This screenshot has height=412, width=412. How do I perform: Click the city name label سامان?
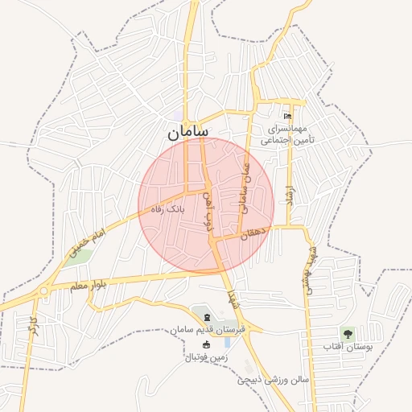tap(188, 131)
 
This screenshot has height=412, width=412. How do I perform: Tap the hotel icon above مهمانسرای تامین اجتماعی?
tap(287, 117)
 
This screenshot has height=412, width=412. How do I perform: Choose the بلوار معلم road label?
tap(89, 285)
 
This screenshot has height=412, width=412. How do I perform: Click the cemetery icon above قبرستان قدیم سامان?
tap(207, 318)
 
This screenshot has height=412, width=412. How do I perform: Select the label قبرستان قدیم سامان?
tap(207, 330)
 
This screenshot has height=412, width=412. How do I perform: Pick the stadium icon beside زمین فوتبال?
tap(205, 344)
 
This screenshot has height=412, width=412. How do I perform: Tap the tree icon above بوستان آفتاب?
tap(347, 333)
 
